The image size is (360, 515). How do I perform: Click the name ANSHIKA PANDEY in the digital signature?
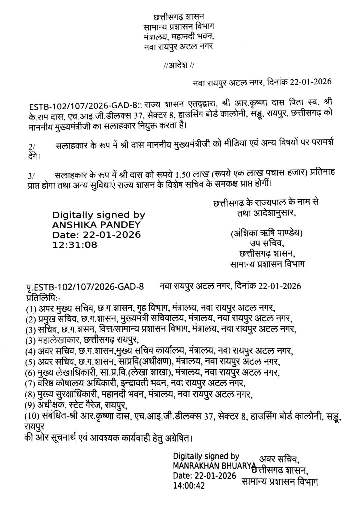96,225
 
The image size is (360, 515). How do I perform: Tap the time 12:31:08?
75,245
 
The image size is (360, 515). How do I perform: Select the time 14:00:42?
188,485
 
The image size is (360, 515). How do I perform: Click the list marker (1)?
31,308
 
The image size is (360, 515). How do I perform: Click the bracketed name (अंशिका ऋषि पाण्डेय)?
267,234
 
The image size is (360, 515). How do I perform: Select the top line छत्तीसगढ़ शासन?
179,16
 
